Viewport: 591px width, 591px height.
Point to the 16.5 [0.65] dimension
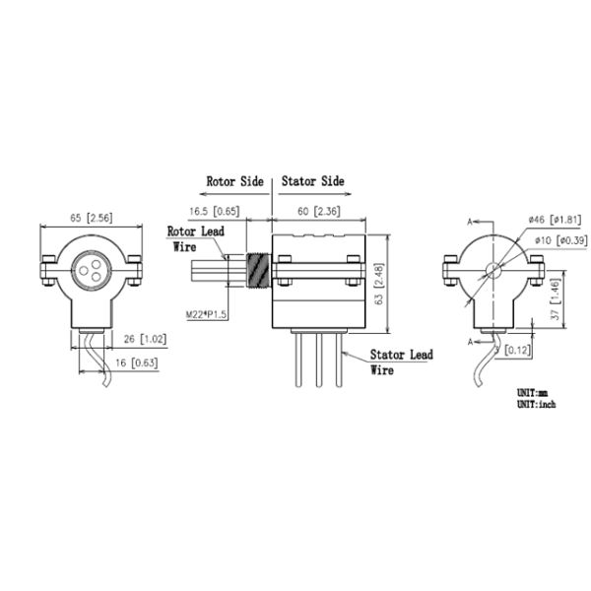click(212, 211)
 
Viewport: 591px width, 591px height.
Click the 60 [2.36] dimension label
click(319, 211)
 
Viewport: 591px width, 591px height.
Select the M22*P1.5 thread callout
click(208, 313)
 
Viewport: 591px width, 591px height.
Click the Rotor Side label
click(234, 182)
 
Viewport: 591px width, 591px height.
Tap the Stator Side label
click(313, 182)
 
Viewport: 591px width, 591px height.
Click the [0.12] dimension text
click(519, 350)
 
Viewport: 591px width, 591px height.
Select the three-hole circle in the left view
click(91, 269)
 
